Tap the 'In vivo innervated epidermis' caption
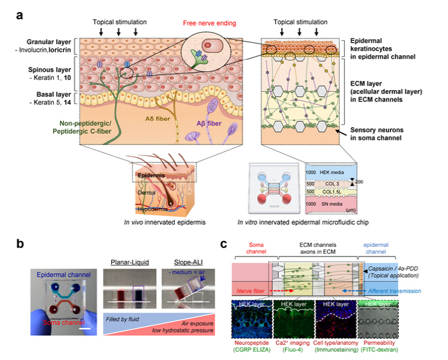click(x=152, y=221)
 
